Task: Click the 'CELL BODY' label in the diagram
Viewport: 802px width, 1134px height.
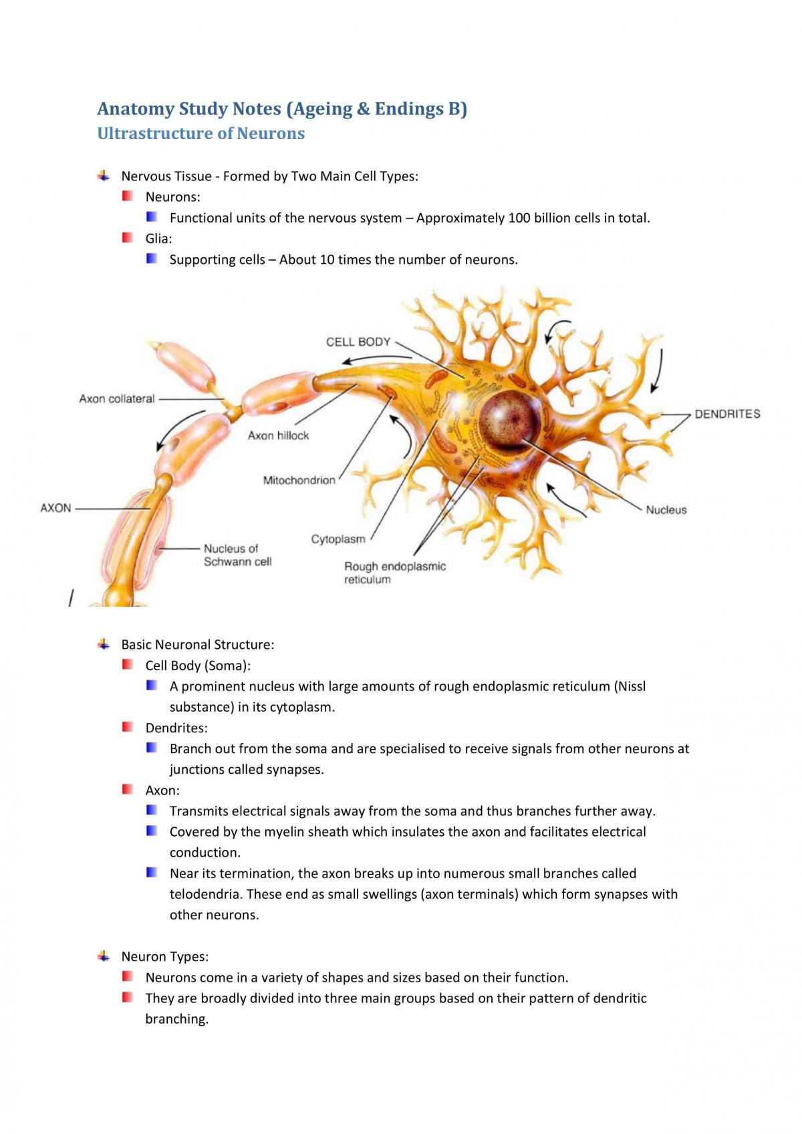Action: tap(358, 342)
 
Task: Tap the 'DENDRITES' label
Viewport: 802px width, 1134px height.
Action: tap(727, 414)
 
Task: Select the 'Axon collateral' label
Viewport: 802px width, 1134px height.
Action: tap(117, 399)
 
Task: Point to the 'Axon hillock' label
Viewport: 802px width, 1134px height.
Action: tap(278, 436)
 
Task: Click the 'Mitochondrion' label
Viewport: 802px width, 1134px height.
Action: tap(299, 480)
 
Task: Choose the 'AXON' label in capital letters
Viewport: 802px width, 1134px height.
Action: tap(55, 508)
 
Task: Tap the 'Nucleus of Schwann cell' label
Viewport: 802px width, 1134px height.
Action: tap(237, 555)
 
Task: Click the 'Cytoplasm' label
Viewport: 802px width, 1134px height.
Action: tap(338, 539)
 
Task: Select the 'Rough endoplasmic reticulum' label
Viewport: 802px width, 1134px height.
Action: tap(395, 573)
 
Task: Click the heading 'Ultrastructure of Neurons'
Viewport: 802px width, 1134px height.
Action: tap(201, 133)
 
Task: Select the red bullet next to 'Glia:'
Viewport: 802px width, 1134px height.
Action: tap(127, 237)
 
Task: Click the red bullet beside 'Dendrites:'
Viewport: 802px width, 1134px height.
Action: tap(127, 727)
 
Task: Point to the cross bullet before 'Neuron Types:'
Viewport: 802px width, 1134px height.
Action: tap(104, 956)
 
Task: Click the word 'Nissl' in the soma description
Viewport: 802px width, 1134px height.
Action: tap(632, 686)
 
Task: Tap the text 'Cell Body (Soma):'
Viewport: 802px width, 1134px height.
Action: tap(198, 665)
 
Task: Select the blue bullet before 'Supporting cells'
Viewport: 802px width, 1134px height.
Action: tap(152, 258)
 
